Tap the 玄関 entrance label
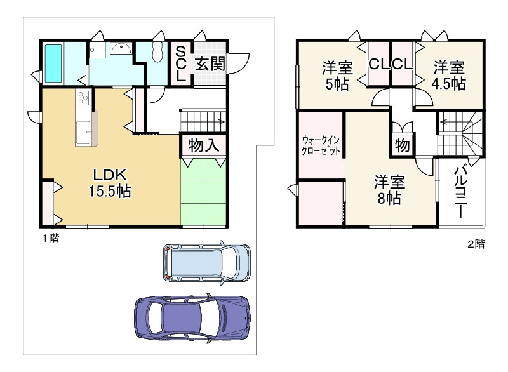(x=209, y=63)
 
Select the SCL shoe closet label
(x=181, y=63)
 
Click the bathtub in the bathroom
(x=54, y=63)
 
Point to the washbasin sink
(x=119, y=48)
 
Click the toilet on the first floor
(x=157, y=54)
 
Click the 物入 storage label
(x=204, y=145)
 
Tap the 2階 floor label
(x=476, y=243)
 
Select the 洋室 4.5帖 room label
(x=448, y=75)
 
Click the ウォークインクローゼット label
(x=321, y=145)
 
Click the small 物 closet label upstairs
(x=403, y=145)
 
